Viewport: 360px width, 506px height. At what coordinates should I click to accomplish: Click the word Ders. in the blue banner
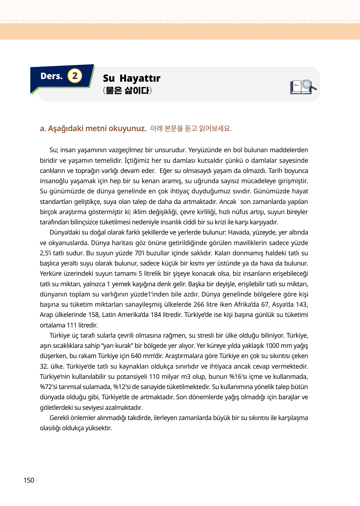[51, 76]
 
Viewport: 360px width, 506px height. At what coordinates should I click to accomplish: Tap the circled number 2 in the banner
[75, 76]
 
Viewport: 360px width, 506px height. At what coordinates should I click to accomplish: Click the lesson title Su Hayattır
[131, 78]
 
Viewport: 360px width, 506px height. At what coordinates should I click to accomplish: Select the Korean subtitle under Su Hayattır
[127, 91]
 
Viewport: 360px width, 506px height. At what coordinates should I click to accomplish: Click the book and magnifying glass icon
[303, 87]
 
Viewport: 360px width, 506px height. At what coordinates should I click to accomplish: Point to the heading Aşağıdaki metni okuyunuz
[93, 128]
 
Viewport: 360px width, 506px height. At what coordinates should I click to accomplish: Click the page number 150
[29, 480]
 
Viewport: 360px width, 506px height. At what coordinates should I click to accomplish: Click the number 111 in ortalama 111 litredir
[71, 325]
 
